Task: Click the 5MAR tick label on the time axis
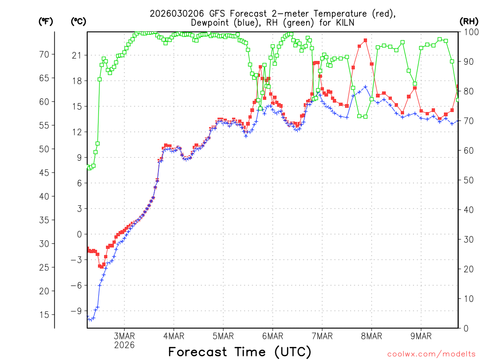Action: [x=223, y=336]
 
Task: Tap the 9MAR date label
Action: [x=420, y=336]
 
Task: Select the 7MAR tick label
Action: [x=322, y=336]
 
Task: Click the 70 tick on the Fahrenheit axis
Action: [x=44, y=54]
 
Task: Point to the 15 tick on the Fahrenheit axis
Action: [x=44, y=315]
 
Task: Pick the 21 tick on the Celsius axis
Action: [x=76, y=55]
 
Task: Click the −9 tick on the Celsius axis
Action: [x=75, y=311]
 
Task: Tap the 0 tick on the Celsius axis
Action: [x=79, y=234]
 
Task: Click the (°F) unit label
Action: [x=46, y=21]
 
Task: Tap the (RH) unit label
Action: [x=469, y=21]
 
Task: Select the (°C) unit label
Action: [x=78, y=21]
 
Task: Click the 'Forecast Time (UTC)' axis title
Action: [x=240, y=352]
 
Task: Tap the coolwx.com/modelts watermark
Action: [x=431, y=353]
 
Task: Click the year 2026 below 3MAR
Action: [x=124, y=345]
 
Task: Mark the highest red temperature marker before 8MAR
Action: [x=365, y=40]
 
